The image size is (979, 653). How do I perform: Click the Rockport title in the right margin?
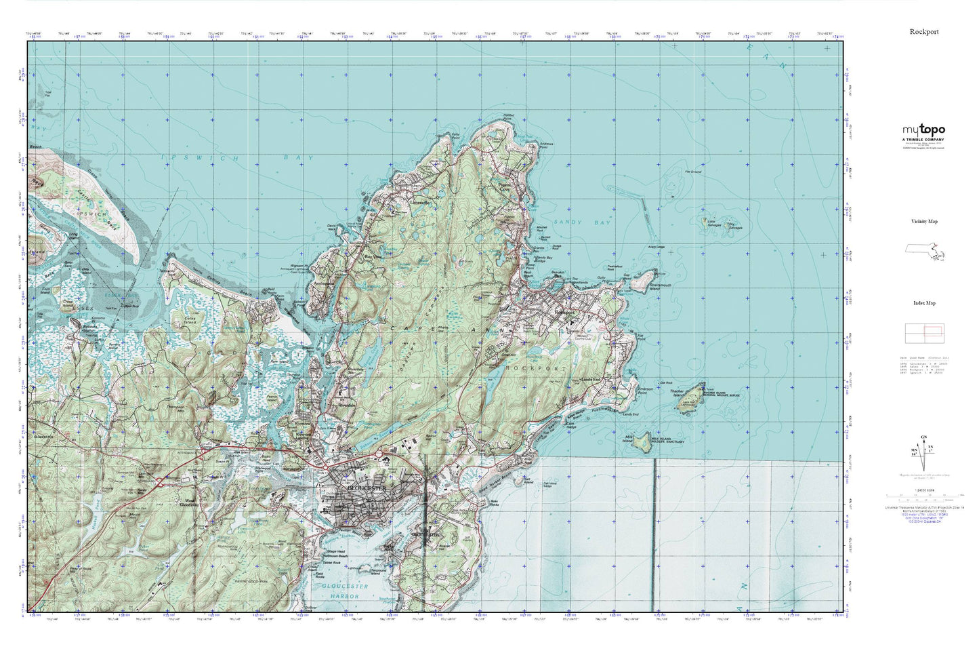pyautogui.click(x=924, y=32)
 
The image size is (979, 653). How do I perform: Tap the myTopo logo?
pyautogui.click(x=923, y=130)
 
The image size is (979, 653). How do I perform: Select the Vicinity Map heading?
pyautogui.click(x=924, y=222)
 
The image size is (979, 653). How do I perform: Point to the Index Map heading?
pyautogui.click(x=924, y=303)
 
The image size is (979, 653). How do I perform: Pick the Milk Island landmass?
pyautogui.click(x=640, y=441)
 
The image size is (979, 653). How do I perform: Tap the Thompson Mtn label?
pyautogui.click(x=175, y=408)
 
